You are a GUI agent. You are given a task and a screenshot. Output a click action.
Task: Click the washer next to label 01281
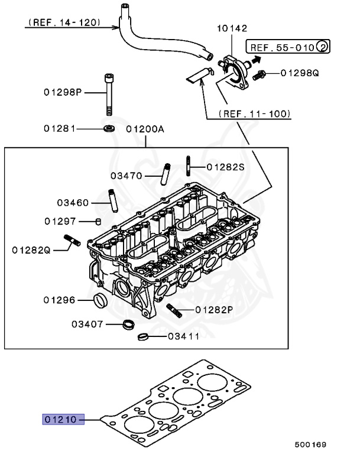click(109, 128)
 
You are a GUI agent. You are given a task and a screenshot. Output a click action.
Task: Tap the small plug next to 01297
click(99, 222)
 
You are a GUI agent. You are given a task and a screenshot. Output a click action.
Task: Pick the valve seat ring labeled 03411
click(142, 338)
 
